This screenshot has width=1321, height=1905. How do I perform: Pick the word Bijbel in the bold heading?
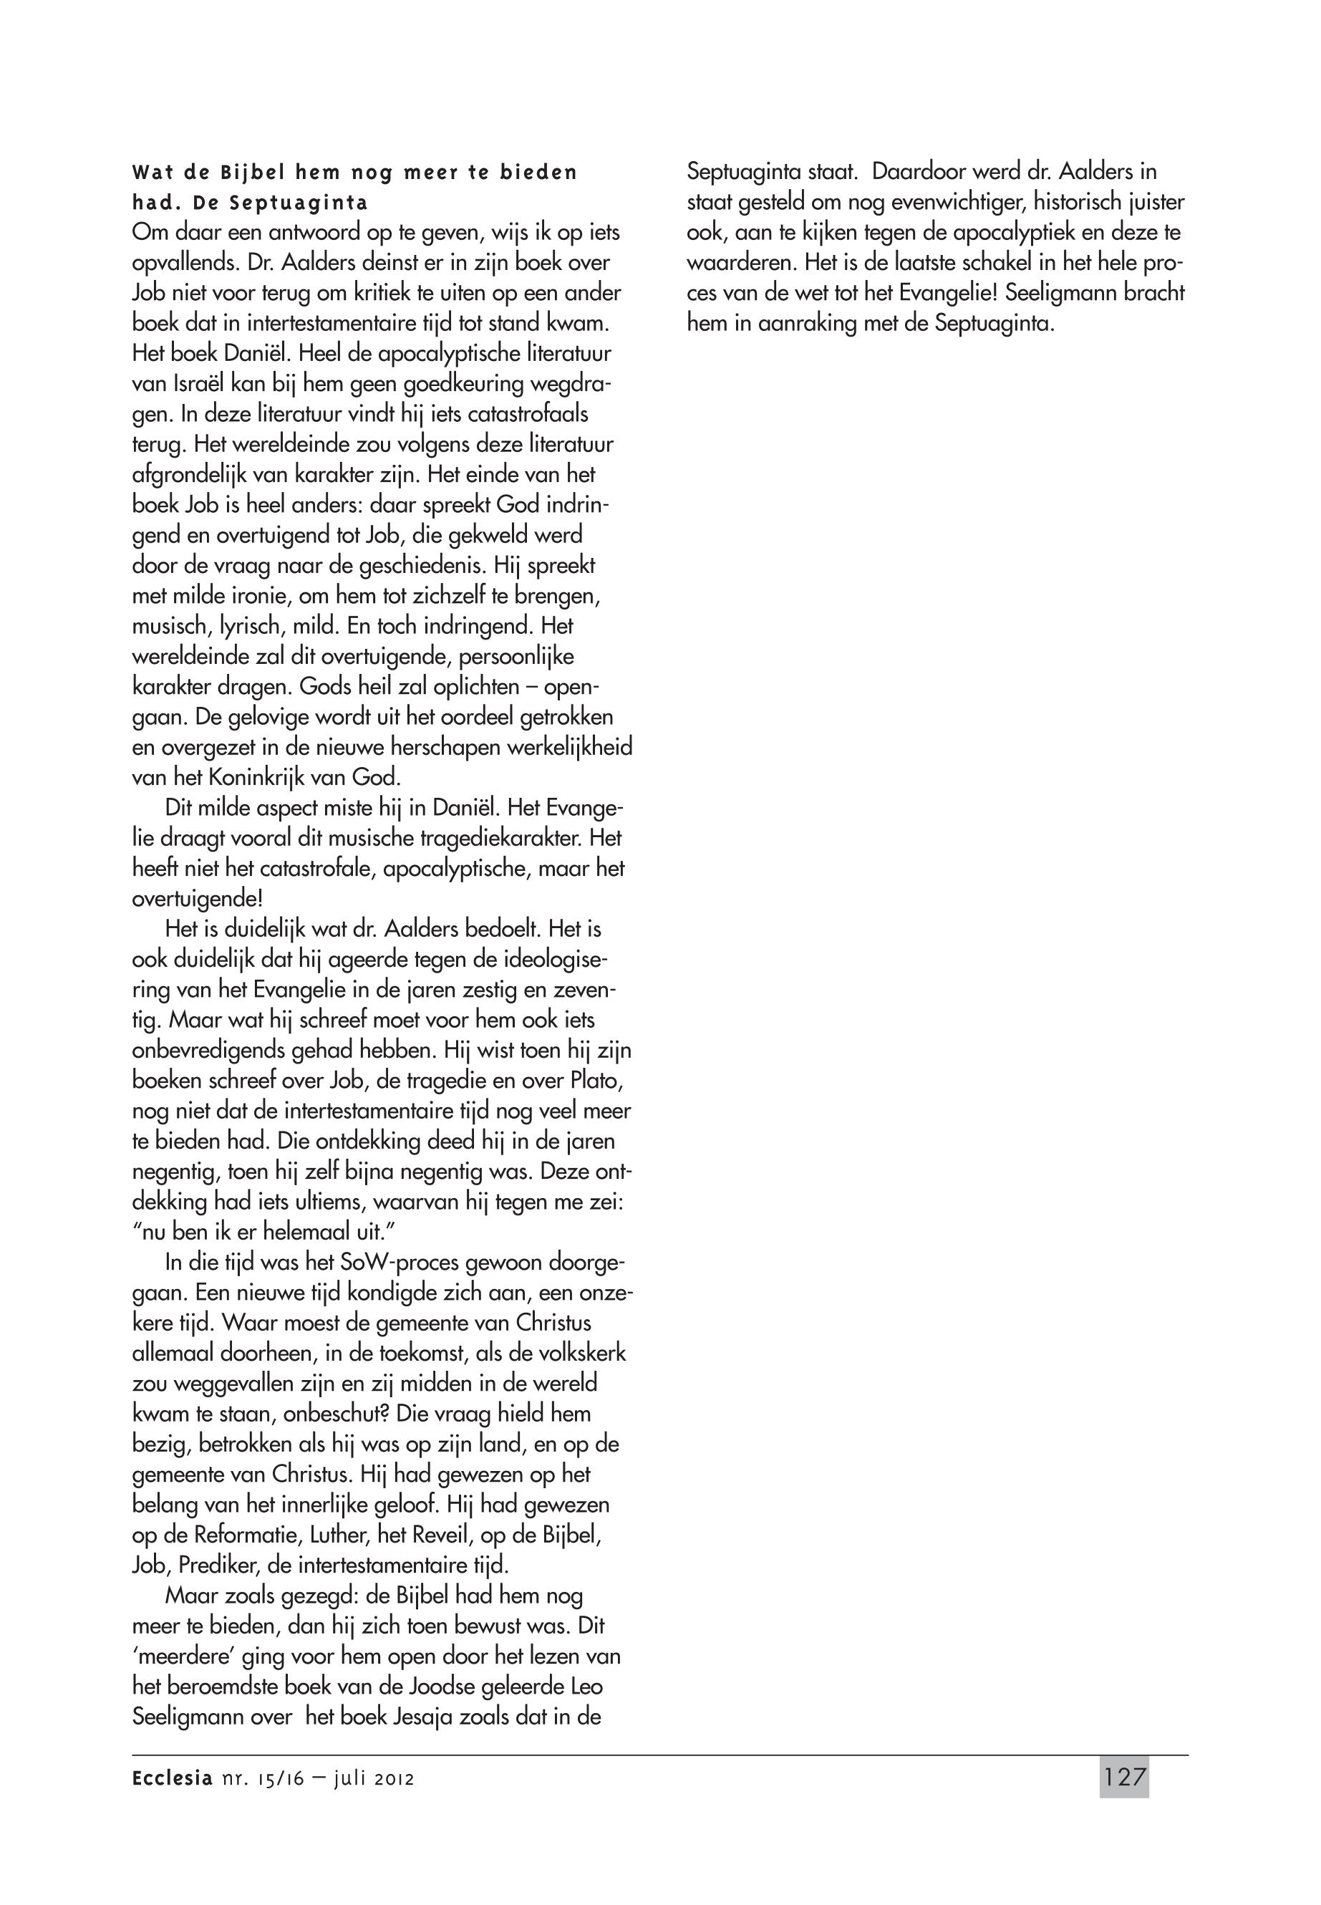(x=253, y=173)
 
